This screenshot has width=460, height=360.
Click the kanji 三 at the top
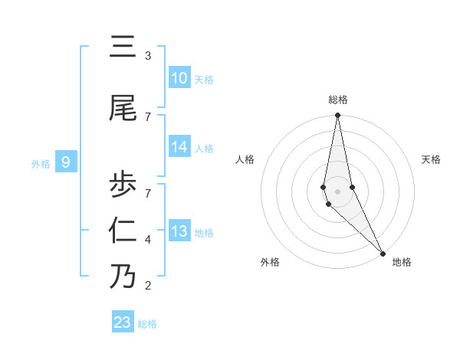123,49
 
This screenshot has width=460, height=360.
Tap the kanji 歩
123,184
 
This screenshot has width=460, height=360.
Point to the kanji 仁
123,230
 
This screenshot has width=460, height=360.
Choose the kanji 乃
123,276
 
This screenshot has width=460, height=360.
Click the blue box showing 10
179,78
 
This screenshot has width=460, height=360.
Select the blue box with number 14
179,148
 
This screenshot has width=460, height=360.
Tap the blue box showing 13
179,232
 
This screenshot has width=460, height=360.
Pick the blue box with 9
66,162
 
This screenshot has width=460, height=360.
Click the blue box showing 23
123,322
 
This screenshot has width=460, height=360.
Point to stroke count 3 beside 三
147,56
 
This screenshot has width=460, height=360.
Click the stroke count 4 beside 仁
147,240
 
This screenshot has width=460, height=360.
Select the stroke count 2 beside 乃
147,286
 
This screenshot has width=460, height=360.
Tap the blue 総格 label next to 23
147,324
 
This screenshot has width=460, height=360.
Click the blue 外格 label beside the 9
41,163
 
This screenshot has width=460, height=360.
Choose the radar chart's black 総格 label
338,100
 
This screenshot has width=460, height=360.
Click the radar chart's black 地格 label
402,262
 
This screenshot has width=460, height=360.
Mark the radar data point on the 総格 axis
337,116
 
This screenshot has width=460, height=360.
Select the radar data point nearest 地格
383,252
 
